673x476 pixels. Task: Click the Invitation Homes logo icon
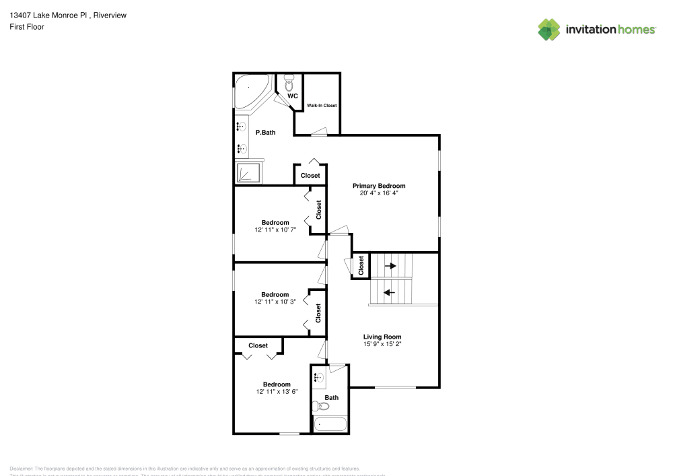[548, 30]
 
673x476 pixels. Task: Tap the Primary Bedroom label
[379, 186]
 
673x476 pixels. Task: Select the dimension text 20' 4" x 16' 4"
[379, 193]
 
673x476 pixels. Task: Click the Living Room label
[382, 337]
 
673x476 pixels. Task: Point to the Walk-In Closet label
[322, 106]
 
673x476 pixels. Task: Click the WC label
[292, 96]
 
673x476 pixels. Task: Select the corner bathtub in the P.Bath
[250, 91]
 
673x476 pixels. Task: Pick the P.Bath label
[265, 133]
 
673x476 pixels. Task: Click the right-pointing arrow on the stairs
[390, 266]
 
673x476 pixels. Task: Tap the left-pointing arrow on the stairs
[389, 292]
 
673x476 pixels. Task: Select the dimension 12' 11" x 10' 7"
[275, 230]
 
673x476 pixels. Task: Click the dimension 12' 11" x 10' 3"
[275, 302]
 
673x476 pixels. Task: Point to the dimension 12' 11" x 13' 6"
[277, 391]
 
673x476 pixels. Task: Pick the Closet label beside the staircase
[361, 266]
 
